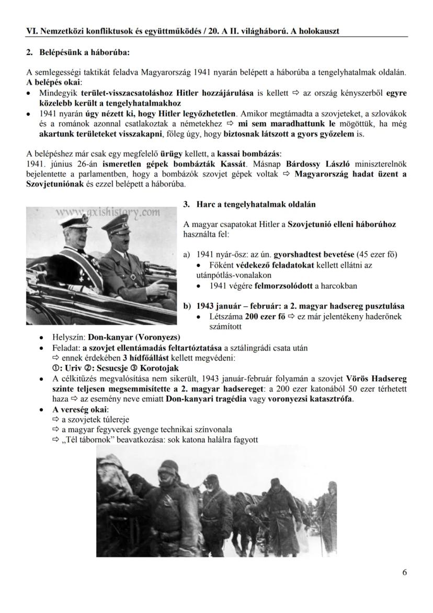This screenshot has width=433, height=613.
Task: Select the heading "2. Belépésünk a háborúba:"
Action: (77, 52)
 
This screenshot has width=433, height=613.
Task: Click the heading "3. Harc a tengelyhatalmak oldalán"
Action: (256, 204)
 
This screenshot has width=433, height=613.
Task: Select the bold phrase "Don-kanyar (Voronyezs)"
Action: (134, 337)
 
